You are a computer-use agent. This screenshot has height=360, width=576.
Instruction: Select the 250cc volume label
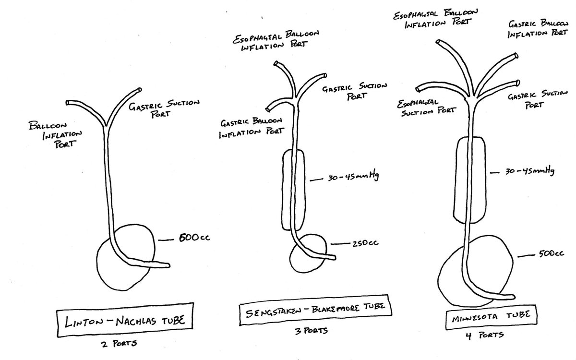point(364,243)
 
